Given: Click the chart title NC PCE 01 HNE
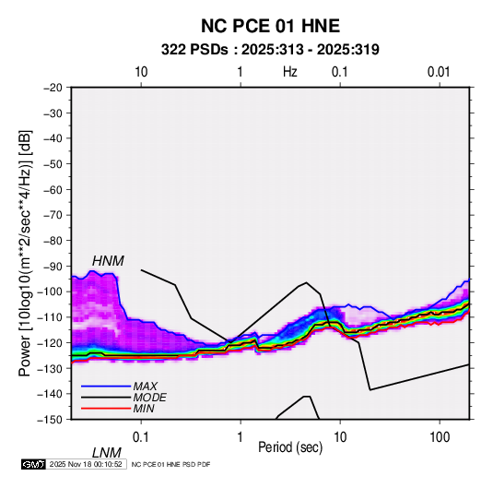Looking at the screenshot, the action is click(x=270, y=26).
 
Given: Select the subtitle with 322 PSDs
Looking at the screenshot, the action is click(x=270, y=50).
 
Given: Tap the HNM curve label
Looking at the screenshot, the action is click(x=108, y=261).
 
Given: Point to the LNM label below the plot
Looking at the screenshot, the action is click(x=107, y=453).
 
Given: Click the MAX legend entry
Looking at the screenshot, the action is click(x=145, y=387).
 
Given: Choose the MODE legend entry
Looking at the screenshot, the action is click(x=149, y=398).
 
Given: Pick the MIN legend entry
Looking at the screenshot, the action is click(x=144, y=409).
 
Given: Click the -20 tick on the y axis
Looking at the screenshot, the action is click(x=53, y=88).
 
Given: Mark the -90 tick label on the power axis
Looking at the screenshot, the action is click(x=53, y=266).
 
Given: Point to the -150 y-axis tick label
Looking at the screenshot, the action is click(x=50, y=420).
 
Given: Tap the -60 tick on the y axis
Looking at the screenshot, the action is click(x=53, y=189).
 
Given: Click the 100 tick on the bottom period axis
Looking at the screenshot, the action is click(x=440, y=437).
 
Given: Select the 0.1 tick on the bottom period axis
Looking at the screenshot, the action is click(x=141, y=437).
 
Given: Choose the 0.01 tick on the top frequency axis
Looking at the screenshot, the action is click(x=439, y=72).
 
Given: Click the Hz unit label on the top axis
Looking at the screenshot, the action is click(x=290, y=72).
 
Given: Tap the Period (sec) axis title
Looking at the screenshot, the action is click(x=290, y=447).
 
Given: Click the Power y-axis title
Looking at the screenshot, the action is click(x=25, y=254).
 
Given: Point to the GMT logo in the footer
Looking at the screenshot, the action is click(x=33, y=464).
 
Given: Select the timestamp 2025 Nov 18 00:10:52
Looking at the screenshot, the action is click(x=86, y=464).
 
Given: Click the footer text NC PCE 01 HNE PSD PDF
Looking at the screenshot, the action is click(x=170, y=465).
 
